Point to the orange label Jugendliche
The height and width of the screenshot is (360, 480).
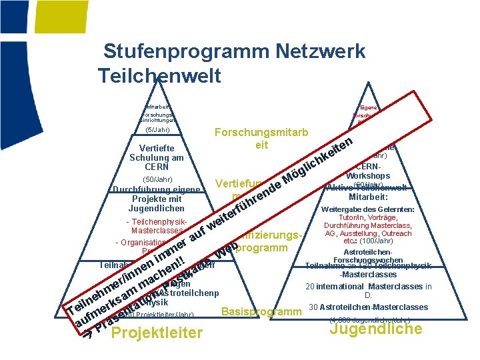tap(376, 329)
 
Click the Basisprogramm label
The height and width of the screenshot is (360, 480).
tap(261, 312)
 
